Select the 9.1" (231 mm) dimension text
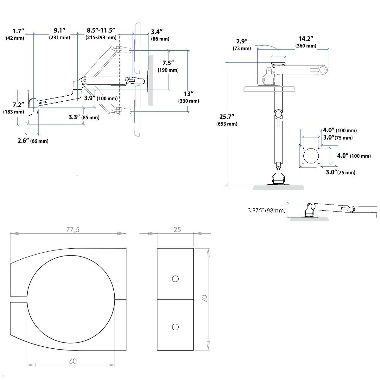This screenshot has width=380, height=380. point(59,34)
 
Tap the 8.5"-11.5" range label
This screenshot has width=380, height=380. point(101,34)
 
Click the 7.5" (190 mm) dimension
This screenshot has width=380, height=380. point(168,66)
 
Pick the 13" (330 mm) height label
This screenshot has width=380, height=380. point(188,97)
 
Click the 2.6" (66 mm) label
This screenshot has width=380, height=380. point(33,141)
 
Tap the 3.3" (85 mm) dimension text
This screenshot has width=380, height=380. point(84,117)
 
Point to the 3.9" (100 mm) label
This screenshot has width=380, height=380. point(101,98)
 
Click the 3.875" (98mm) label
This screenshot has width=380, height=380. point(266,210)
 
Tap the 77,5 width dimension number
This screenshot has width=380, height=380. point(73,230)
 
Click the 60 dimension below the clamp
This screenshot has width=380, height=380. point(73,361)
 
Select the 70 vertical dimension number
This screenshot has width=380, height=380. point(205,298)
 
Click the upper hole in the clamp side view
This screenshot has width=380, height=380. point(175,279)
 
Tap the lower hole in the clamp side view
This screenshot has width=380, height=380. point(175,327)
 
